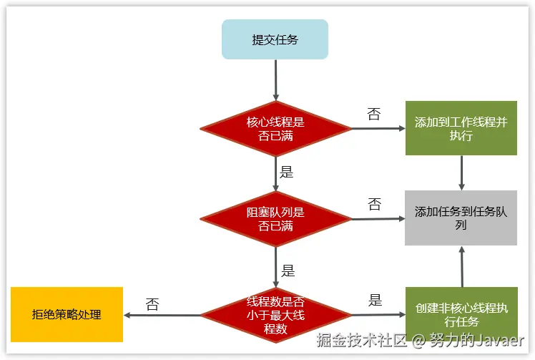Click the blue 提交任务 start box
tap(275, 39)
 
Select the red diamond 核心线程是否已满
tap(275, 128)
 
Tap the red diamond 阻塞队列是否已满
tap(275, 219)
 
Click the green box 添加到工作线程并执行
tap(461, 128)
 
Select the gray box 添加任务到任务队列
tap(461, 218)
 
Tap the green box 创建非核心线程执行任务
tap(461, 315)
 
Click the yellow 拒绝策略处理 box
tap(67, 314)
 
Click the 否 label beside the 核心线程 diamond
tap(374, 115)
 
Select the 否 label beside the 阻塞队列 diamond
tap(374, 205)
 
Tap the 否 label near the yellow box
tap(152, 305)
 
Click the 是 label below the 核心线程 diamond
tap(286, 172)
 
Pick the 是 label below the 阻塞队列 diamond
tap(288, 271)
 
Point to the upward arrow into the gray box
tap(461, 266)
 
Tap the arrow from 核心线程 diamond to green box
tap(378, 129)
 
